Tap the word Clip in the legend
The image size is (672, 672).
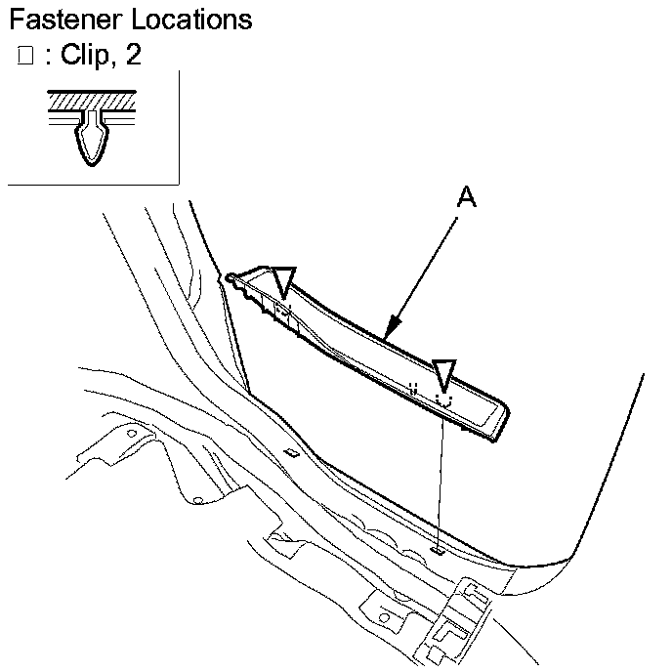point(85,55)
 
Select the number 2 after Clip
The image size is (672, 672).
point(132,55)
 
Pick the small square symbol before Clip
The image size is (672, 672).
point(25,56)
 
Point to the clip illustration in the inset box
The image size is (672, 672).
point(94,137)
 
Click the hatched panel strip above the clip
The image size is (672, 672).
point(94,99)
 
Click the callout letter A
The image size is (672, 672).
point(467,197)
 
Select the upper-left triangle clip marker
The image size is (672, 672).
point(284,280)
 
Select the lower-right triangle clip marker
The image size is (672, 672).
point(444,372)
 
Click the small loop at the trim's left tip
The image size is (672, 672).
point(231,279)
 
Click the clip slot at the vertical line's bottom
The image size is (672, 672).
point(439,551)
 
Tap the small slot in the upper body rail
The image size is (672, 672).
point(291,451)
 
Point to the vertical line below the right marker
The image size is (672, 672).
point(441,479)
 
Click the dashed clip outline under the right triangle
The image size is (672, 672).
point(444,399)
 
